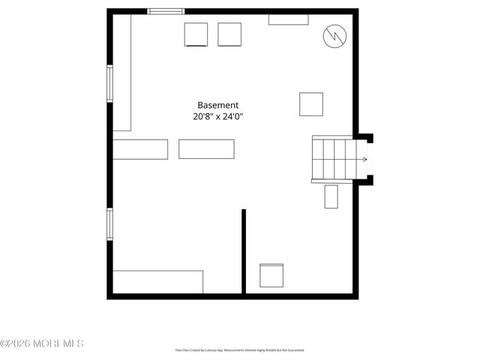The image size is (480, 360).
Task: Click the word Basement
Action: tap(217, 106)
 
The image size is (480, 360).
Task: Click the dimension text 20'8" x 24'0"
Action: tap(217, 116)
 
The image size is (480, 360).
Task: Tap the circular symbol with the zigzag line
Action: tap(334, 35)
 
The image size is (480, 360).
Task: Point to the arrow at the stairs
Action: tap(364, 159)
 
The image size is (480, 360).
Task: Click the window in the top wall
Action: tap(166, 11)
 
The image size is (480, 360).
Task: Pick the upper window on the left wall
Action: tap(109, 83)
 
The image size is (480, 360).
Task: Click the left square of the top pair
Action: tap(196, 34)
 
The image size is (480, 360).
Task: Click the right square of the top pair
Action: tap(229, 34)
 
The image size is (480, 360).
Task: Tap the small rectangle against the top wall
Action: tap(288, 19)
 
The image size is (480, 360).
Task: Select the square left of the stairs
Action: tap(311, 104)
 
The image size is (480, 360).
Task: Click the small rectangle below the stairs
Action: tap(331, 196)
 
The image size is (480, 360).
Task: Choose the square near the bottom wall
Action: tap(271, 275)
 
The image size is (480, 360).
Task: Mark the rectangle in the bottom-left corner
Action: tap(158, 281)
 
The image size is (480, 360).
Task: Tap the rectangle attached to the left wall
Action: tap(140, 149)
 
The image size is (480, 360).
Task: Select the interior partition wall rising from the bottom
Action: tap(244, 251)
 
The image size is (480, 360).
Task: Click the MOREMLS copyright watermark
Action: tap(42, 343)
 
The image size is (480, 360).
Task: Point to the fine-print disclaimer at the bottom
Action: tap(240, 350)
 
